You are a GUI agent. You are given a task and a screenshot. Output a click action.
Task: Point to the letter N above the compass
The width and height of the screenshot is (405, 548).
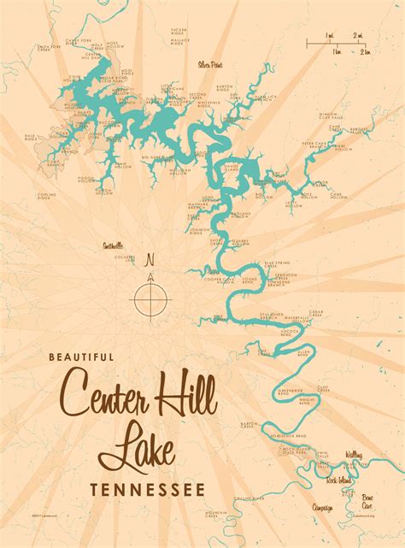coord(150,260)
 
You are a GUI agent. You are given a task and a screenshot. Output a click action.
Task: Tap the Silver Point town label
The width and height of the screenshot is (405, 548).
coord(210,63)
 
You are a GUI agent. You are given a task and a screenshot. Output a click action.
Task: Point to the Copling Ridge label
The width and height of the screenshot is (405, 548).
coord(44,197)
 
